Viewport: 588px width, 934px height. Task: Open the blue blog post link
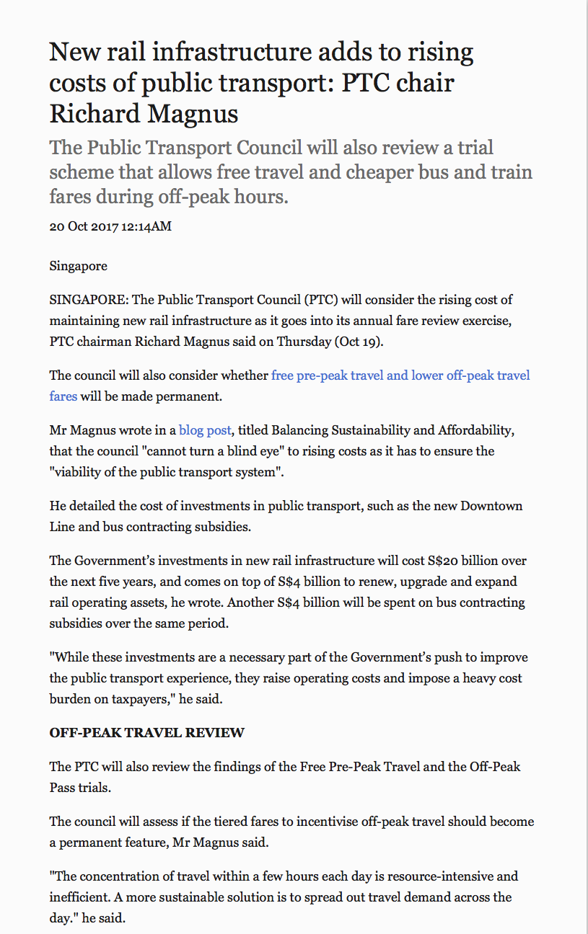[205, 430]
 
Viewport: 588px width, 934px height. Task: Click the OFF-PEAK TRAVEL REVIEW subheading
[146, 733]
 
